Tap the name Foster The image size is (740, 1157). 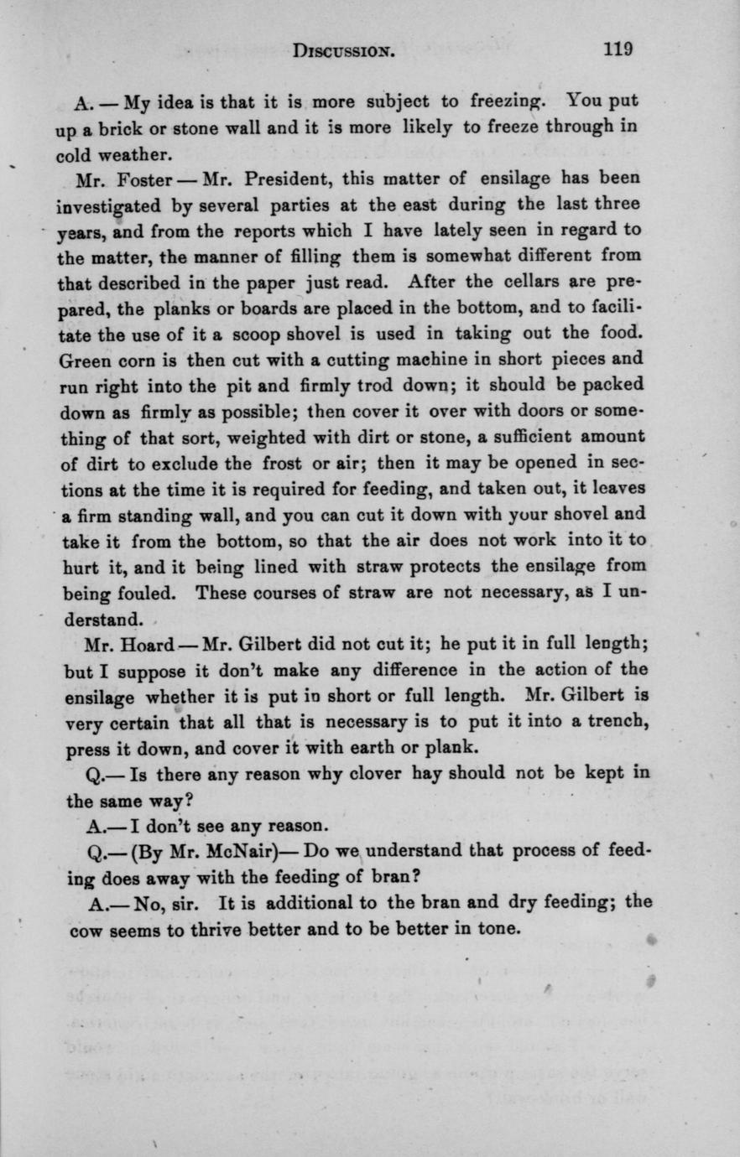147,179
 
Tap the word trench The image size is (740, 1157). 616,723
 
